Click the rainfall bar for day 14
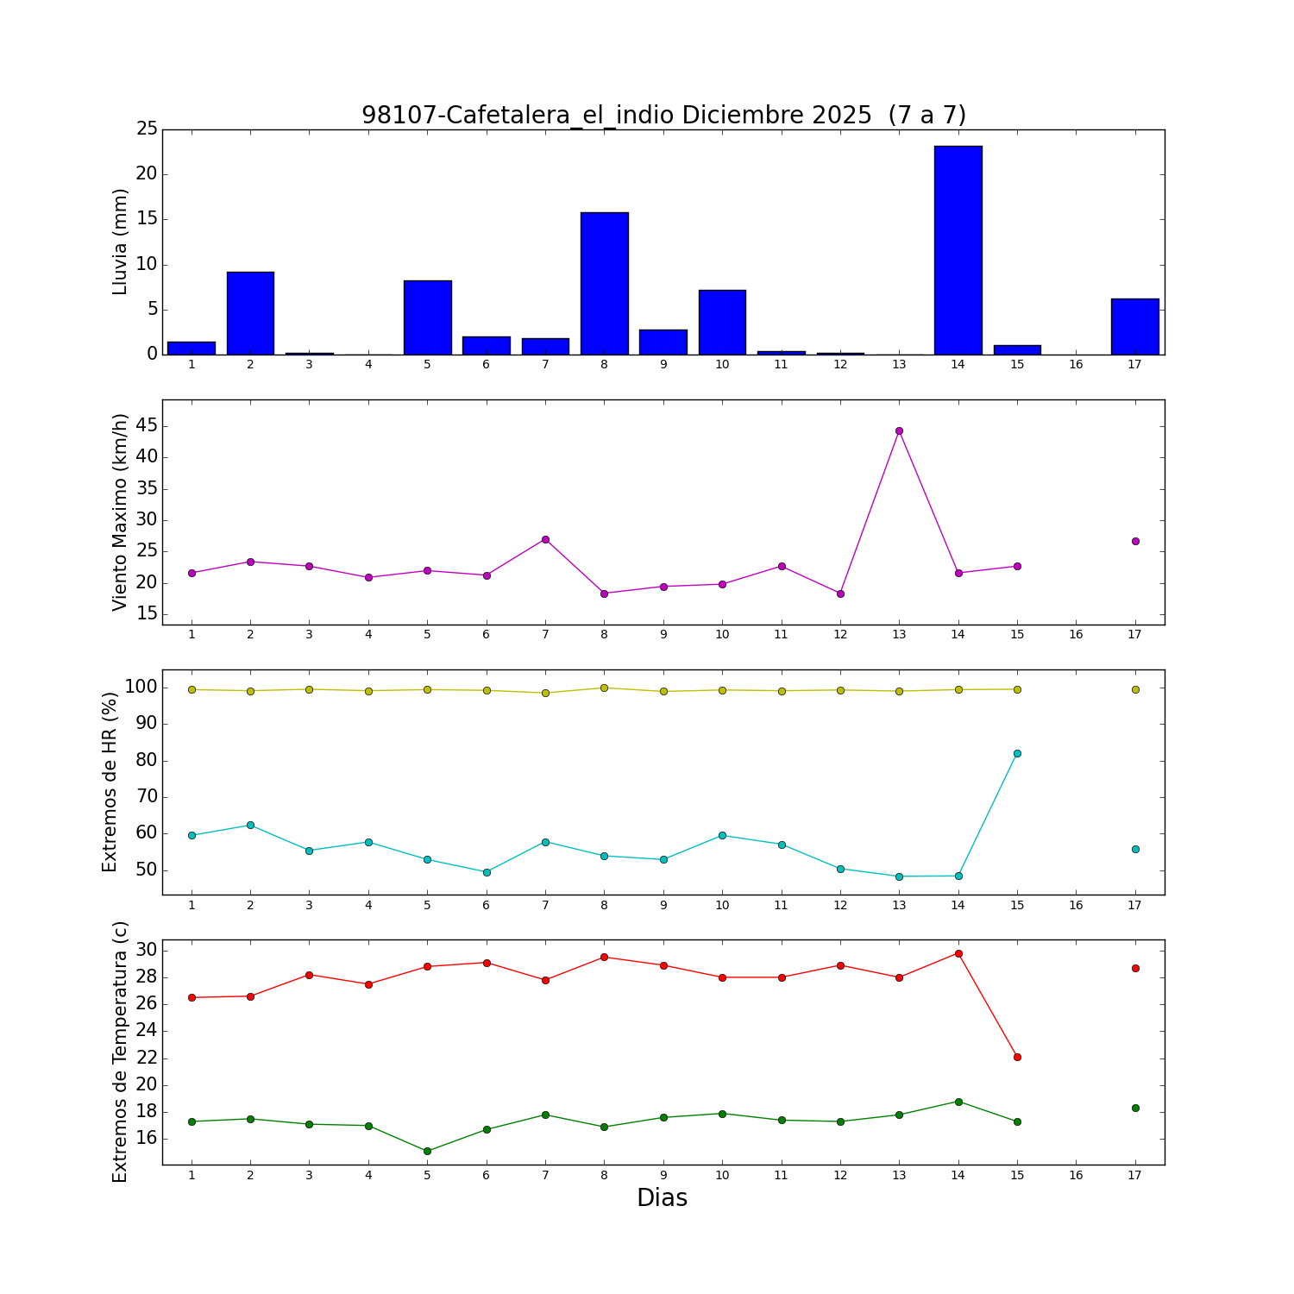click(x=958, y=250)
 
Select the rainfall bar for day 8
click(x=604, y=283)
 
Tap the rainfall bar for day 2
click(x=250, y=313)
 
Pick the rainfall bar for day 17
click(x=1134, y=326)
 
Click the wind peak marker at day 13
click(x=899, y=430)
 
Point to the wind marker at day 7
click(x=545, y=539)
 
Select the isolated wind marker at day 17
click(x=1135, y=541)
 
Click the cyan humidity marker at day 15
click(x=1017, y=753)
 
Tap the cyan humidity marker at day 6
click(x=487, y=872)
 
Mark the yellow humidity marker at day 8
click(x=604, y=688)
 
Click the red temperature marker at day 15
click(x=1017, y=1057)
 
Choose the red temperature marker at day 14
click(x=958, y=953)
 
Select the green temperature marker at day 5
click(x=427, y=1151)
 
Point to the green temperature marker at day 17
click(x=1135, y=1108)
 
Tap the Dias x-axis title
click(x=662, y=1197)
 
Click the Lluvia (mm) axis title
click(x=120, y=242)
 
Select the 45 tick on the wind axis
click(x=146, y=425)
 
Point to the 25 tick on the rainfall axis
click(x=147, y=129)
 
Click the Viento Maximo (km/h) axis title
click(x=120, y=512)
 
